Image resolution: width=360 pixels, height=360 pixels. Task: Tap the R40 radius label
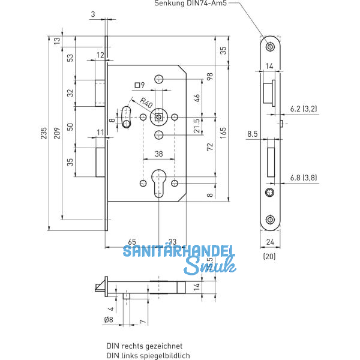[x=146, y=102]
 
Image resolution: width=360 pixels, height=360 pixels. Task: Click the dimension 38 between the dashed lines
[x=158, y=154]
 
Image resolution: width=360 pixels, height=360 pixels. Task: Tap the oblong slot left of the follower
[x=126, y=116]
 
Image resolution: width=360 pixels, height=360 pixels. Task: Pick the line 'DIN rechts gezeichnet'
[x=144, y=346]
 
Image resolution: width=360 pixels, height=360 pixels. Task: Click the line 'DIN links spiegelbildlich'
[x=148, y=355]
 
